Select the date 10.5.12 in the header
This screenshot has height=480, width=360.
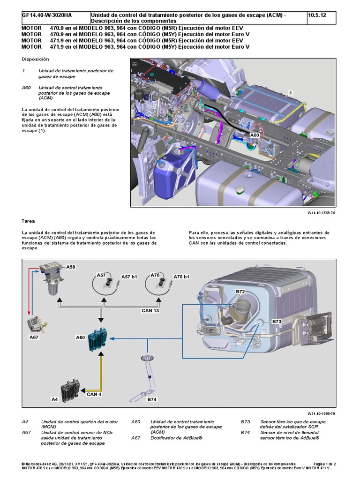(317, 15)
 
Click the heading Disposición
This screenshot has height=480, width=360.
(35, 59)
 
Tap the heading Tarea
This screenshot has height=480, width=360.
(29, 220)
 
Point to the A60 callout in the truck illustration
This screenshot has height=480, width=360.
(254, 135)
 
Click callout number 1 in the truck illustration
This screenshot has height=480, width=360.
(291, 93)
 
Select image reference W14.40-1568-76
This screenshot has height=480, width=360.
(321, 212)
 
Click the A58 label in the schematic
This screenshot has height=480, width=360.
(70, 267)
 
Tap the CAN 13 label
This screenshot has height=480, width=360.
(150, 310)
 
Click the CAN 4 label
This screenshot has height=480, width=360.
(94, 394)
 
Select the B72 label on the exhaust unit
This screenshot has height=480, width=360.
(240, 291)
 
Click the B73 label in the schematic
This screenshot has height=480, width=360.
(277, 322)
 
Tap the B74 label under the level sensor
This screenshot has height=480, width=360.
(152, 399)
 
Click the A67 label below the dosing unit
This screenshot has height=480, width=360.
(35, 337)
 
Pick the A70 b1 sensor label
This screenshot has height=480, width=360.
(181, 277)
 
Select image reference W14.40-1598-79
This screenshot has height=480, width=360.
(321, 413)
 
